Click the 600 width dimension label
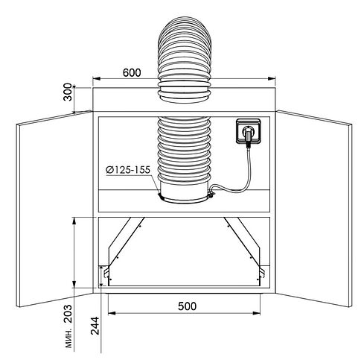click(132, 72)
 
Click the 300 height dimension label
click(68, 92)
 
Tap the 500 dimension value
click(187, 306)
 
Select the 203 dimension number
click(68, 314)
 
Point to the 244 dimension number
click(95, 326)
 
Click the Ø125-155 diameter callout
click(128, 170)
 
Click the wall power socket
click(249, 131)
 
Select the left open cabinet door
click(54, 209)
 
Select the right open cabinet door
click(314, 209)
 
